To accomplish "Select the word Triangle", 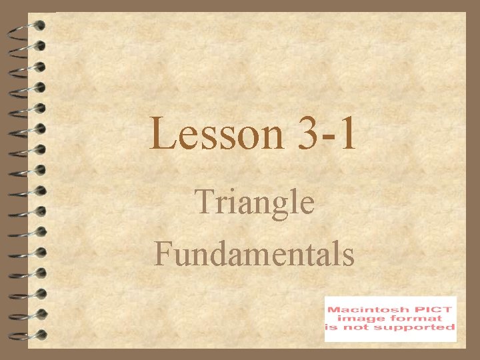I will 254,203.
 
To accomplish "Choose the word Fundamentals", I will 254,254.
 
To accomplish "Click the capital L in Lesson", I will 162,133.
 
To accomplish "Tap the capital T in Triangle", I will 203,202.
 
